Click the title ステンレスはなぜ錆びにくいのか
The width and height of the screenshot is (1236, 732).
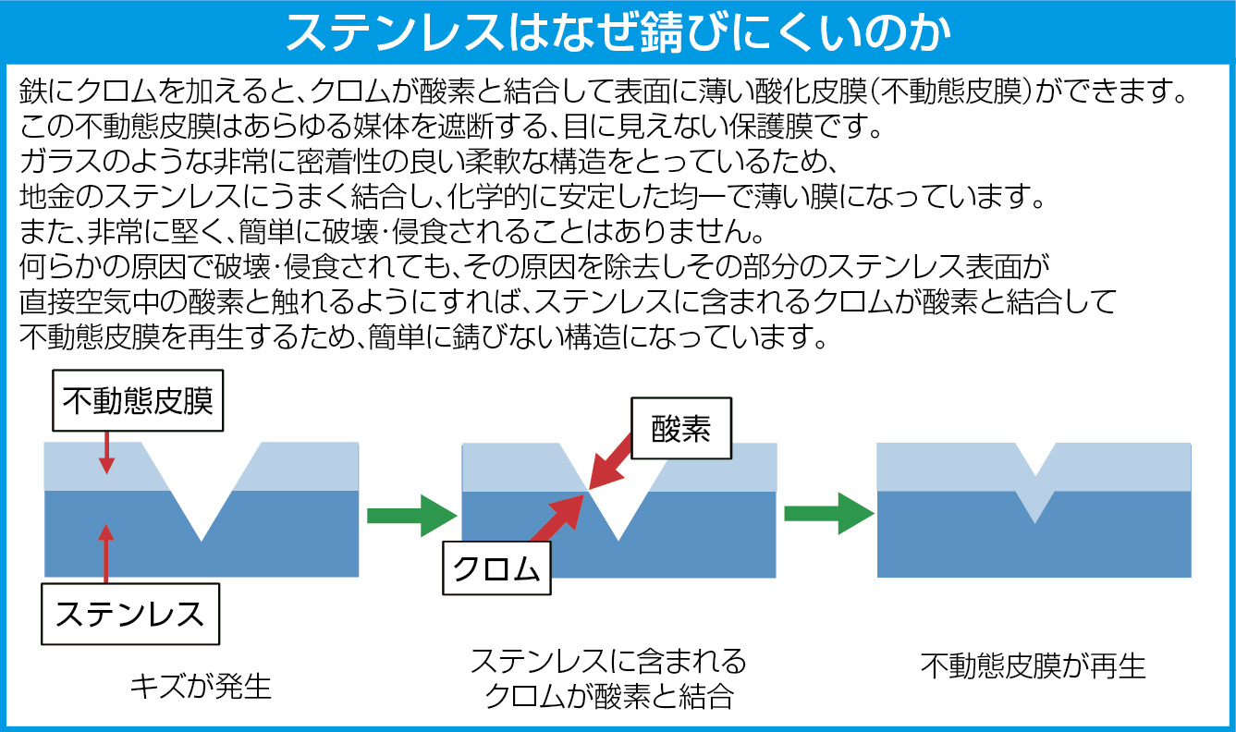(x=618, y=32)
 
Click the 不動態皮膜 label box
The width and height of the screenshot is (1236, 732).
(x=138, y=400)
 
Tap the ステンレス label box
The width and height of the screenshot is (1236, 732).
(x=130, y=614)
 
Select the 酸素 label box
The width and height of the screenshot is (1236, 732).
(x=681, y=428)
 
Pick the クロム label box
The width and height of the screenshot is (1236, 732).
(x=496, y=568)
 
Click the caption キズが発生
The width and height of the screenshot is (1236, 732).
(x=201, y=688)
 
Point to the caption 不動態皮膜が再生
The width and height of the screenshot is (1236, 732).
(x=1033, y=666)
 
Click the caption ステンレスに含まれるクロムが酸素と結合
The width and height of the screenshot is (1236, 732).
(x=608, y=678)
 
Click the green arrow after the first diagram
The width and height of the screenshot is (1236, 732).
(x=411, y=516)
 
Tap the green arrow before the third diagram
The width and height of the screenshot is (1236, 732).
(x=829, y=514)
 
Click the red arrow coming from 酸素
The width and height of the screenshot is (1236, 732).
(x=611, y=461)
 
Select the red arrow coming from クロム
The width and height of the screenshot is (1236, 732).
(x=557, y=518)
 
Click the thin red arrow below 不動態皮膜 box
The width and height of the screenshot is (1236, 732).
(x=106, y=453)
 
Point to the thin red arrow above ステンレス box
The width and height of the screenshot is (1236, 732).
(x=106, y=554)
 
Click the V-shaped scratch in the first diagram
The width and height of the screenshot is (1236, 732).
(x=202, y=491)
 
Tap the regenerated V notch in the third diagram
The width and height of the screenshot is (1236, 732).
(x=1035, y=483)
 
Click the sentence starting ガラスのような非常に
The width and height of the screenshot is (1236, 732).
(x=430, y=162)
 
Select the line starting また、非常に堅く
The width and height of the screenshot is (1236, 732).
(x=392, y=232)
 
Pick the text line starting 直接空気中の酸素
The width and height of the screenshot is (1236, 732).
(x=568, y=301)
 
